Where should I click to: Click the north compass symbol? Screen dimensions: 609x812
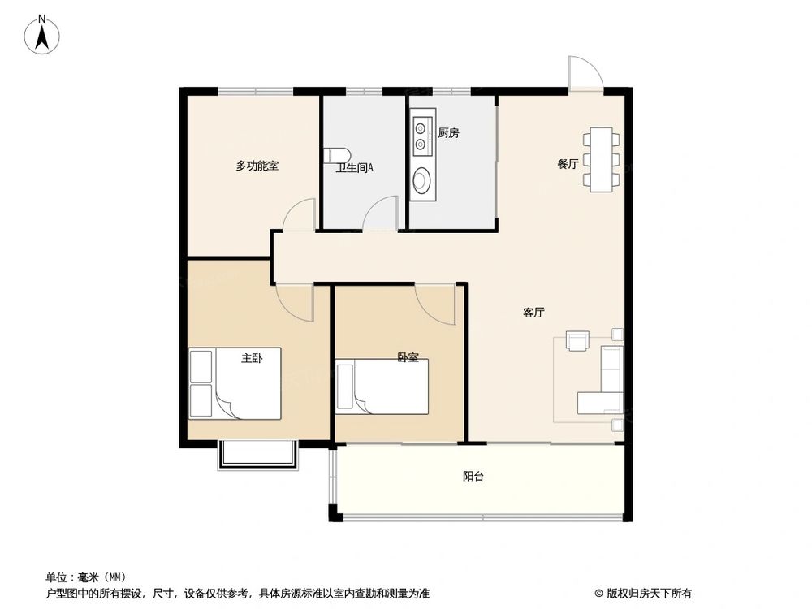click(42, 34)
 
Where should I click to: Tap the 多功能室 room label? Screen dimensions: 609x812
click(257, 166)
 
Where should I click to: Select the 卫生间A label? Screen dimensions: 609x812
click(355, 169)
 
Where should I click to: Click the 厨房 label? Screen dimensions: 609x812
click(448, 133)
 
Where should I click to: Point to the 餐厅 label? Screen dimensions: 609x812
click(568, 164)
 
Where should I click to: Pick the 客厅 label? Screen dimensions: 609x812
click(533, 313)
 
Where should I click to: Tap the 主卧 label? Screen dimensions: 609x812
click(252, 357)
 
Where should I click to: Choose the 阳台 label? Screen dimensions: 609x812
click(473, 477)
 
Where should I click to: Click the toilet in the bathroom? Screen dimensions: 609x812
click(336, 155)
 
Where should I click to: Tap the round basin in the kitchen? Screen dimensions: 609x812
click(422, 180)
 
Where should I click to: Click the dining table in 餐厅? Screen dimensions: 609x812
click(601, 159)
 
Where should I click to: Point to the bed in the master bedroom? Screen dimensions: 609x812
click(235, 383)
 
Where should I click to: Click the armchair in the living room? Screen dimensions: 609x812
click(577, 342)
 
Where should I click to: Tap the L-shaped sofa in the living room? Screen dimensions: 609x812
click(605, 382)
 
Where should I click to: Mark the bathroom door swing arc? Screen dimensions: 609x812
click(378, 216)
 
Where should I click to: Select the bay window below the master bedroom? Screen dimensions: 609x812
click(257, 455)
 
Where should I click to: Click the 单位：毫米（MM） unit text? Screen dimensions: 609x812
click(86, 577)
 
